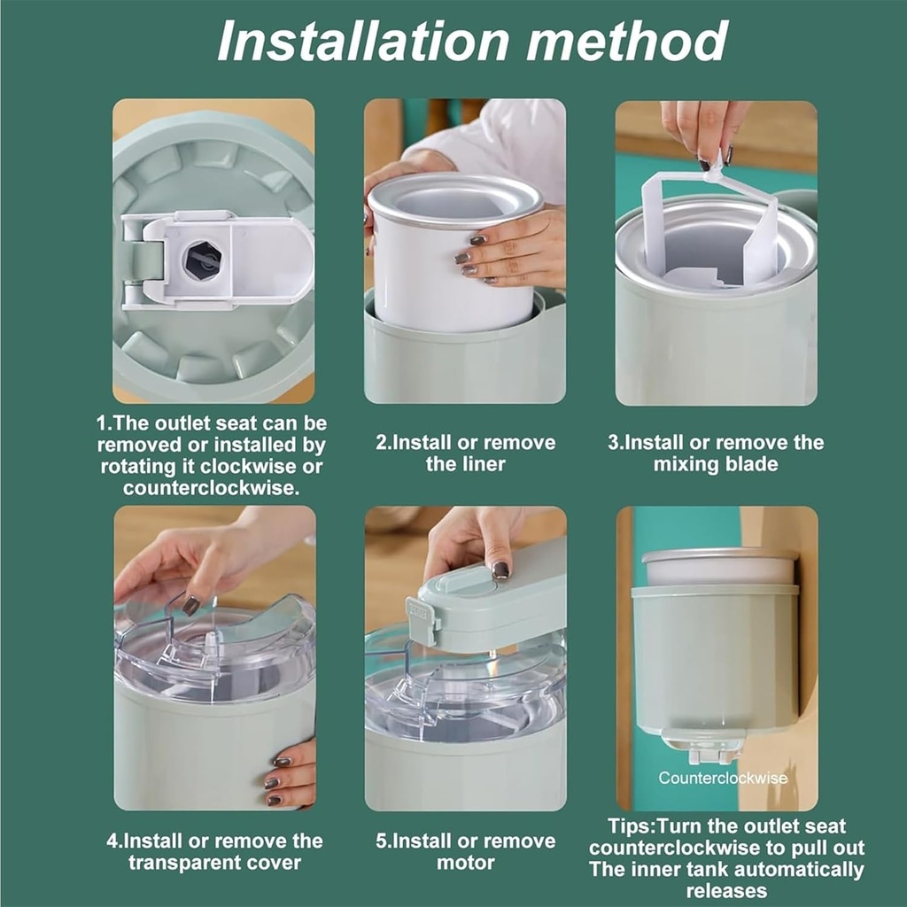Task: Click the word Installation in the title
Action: (363, 41)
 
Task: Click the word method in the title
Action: (627, 41)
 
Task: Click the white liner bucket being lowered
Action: (453, 251)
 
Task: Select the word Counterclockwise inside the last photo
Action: (723, 778)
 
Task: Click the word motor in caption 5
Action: (466, 863)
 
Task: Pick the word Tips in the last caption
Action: (630, 826)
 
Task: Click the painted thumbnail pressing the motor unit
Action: (500, 570)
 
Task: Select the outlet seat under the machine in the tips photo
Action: (708, 747)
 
